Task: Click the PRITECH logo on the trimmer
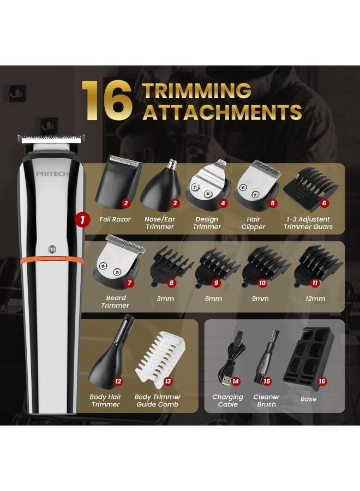(52, 174)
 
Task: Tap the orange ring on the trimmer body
(52, 259)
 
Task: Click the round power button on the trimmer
(52, 249)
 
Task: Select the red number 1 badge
(82, 219)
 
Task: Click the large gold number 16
(106, 100)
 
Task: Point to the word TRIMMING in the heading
(197, 91)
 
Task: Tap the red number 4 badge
(223, 203)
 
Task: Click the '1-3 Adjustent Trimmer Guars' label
(308, 223)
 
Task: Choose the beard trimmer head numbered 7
(118, 261)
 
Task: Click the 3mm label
(165, 299)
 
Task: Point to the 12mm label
(315, 299)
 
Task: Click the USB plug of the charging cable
(226, 379)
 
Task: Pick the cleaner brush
(266, 356)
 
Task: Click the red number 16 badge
(322, 381)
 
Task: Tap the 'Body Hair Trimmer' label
(105, 400)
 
